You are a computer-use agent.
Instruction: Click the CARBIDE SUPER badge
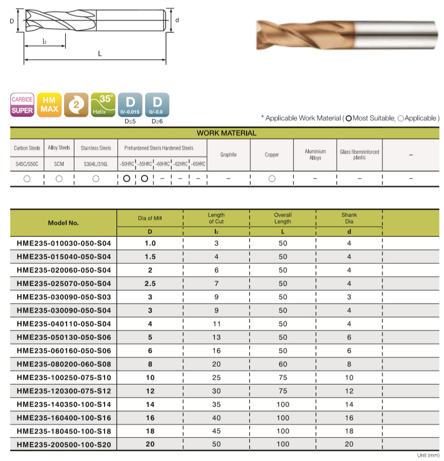pos(23,104)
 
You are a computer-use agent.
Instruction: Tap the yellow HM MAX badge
pos(49,104)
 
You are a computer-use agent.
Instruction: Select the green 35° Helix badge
pos(103,104)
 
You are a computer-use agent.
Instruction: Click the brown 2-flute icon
pos(76,104)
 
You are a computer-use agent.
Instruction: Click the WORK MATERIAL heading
pos(226,133)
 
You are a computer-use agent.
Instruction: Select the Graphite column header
pos(228,154)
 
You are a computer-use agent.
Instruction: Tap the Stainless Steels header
pos(96,148)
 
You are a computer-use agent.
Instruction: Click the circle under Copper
pos(272,178)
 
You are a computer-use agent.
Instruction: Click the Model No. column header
pos(63,223)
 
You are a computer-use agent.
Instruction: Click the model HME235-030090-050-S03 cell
pos(64,297)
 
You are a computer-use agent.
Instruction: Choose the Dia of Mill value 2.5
pos(150,284)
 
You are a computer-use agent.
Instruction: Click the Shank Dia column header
pos(349,218)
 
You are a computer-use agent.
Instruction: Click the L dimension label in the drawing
pos(100,54)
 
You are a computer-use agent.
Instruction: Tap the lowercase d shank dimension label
pos(177,20)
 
